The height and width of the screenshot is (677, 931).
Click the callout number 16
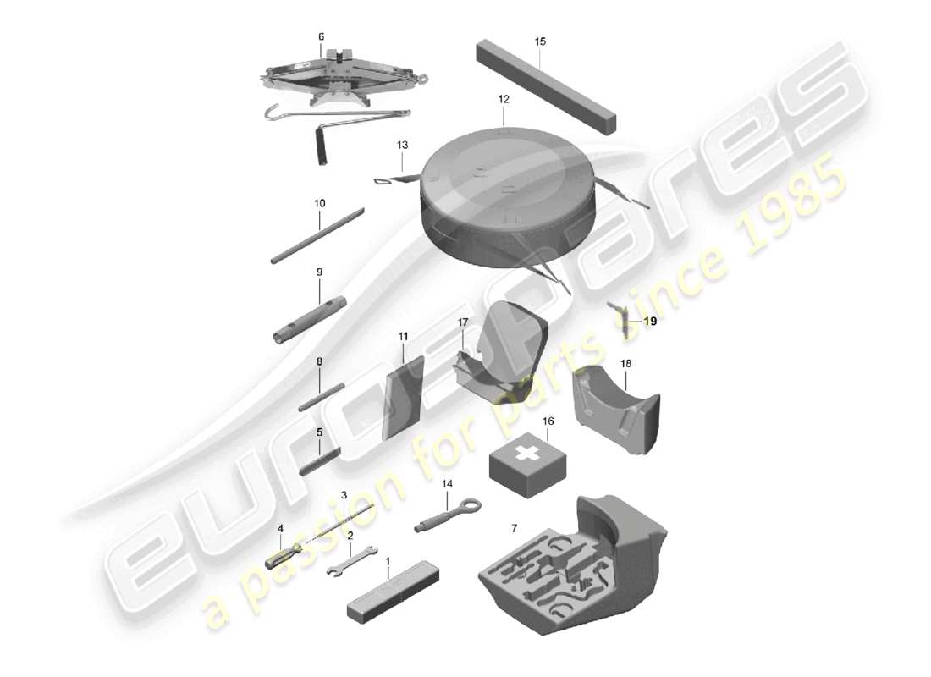[548, 421]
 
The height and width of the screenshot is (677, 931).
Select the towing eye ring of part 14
[470, 506]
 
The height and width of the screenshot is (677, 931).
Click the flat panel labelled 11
[404, 396]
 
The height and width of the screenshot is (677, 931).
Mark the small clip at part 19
[623, 320]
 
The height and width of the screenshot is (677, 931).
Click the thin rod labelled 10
[317, 236]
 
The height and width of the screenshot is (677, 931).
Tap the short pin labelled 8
[322, 397]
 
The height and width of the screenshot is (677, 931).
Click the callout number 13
[403, 146]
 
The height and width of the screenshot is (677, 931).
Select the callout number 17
[463, 322]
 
